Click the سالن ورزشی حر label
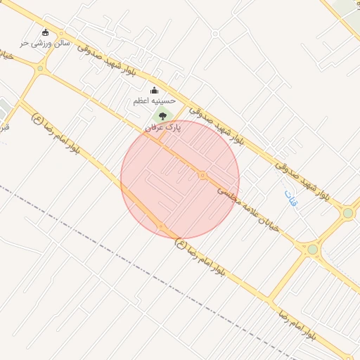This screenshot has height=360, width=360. pyautogui.click(x=44, y=44)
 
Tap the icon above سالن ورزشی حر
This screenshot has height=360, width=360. pyautogui.click(x=46, y=32)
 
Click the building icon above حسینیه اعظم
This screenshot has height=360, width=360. pyautogui.click(x=155, y=90)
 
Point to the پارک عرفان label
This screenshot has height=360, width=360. pyautogui.click(x=163, y=127)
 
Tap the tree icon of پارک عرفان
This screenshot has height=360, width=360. pyautogui.click(x=163, y=115)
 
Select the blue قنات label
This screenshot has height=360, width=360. pyautogui.click(x=291, y=198)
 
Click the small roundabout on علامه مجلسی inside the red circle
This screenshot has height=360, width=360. pyautogui.click(x=202, y=175)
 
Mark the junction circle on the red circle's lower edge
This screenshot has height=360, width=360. pyautogui.click(x=161, y=226)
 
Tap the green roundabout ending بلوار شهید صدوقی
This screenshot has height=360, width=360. pyautogui.click(x=347, y=213)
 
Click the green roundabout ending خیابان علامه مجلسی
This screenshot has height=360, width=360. pyautogui.click(x=313, y=249)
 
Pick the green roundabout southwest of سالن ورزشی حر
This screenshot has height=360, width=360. pyautogui.click(x=40, y=68)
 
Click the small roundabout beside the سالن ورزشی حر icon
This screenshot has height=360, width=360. pyautogui.click(x=61, y=34)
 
